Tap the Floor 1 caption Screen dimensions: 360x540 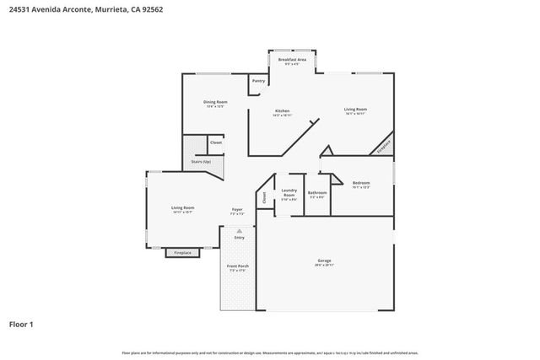[22, 323]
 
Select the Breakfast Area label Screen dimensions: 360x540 [292, 60]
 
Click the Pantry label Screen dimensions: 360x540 [258, 81]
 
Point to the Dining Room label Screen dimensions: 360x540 [214, 103]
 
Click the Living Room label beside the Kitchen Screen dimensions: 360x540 [354, 109]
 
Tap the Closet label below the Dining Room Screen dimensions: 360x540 [216, 143]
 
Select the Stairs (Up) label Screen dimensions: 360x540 [200, 161]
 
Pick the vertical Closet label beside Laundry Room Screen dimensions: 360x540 [264, 197]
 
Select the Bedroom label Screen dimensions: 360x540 [361, 183]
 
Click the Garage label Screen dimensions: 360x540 [325, 261]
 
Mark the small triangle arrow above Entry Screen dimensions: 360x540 [239, 230]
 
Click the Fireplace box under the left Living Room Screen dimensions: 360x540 [182, 252]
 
